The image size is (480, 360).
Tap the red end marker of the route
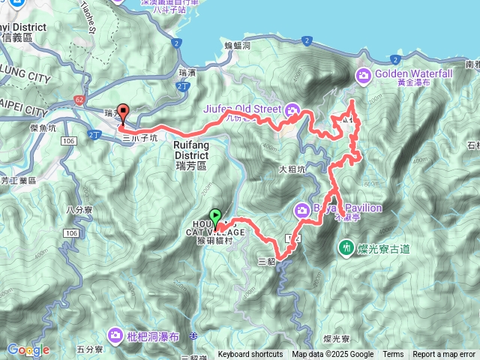click(x=123, y=112)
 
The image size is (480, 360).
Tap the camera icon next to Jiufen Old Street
click(x=294, y=111)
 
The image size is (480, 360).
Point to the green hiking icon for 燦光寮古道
click(x=346, y=246)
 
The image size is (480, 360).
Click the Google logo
click(x=28, y=349)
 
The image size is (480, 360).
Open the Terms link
click(x=393, y=355)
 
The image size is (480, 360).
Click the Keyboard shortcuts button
click(x=250, y=355)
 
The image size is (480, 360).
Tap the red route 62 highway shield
click(x=80, y=100)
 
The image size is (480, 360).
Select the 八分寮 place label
click(x=78, y=211)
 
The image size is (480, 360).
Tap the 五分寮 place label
click(x=88, y=349)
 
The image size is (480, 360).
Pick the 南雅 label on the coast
click(x=472, y=65)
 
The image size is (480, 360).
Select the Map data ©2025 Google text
click(x=332, y=355)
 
